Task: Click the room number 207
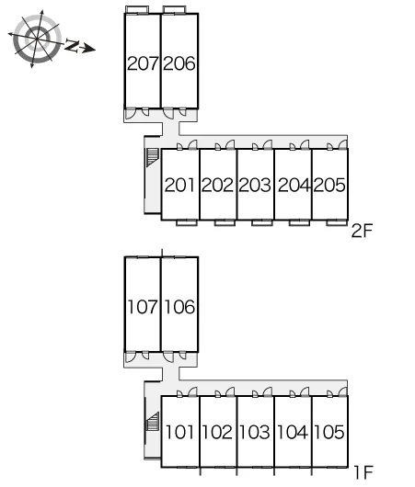(x=143, y=63)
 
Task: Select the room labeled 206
(x=179, y=63)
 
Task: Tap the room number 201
(x=179, y=185)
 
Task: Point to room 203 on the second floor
(x=255, y=185)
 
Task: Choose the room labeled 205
(x=329, y=185)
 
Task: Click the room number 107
(x=143, y=307)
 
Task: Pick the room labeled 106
(x=179, y=307)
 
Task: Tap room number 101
(x=179, y=432)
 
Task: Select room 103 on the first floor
(x=255, y=432)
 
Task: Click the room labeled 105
(x=329, y=432)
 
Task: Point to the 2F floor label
(x=362, y=231)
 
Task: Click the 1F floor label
(x=363, y=472)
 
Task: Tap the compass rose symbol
(x=37, y=39)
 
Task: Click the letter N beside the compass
(x=72, y=46)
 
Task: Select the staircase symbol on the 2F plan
(x=153, y=157)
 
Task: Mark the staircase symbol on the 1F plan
(x=153, y=422)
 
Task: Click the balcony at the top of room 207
(x=137, y=10)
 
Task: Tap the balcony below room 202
(x=225, y=222)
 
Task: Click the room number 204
(x=294, y=185)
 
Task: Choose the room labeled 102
(x=217, y=432)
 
